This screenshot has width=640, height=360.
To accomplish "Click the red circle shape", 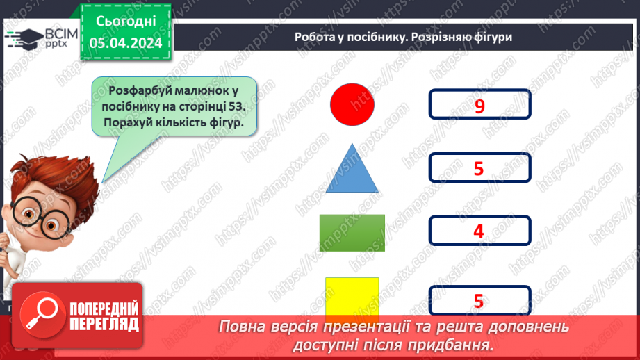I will (x=352, y=104).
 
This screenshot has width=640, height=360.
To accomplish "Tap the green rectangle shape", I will (x=352, y=232).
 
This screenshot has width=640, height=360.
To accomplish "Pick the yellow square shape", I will (x=352, y=296).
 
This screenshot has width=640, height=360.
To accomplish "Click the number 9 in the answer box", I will (x=479, y=106).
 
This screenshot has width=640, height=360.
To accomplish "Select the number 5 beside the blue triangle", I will (x=478, y=168).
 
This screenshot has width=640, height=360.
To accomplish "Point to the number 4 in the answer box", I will (x=478, y=231).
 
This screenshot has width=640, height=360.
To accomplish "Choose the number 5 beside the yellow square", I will (x=478, y=301).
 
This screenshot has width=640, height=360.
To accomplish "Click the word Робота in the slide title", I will (x=314, y=38).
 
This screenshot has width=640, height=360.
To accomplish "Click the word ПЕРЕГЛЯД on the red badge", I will (x=104, y=324).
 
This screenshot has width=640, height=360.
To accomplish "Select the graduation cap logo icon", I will (x=23, y=38).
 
